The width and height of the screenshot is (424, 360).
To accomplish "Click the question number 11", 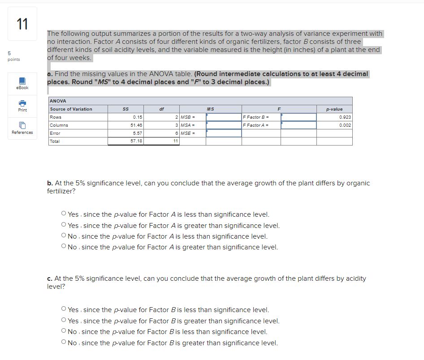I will click(22, 24).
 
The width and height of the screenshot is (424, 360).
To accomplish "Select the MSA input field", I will click(224, 125).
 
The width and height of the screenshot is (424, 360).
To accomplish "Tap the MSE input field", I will click(224, 133).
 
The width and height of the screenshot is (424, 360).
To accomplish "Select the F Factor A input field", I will click(299, 125).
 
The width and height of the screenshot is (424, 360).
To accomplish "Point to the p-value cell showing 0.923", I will click(345, 117).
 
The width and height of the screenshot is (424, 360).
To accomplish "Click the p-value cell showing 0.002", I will click(345, 125).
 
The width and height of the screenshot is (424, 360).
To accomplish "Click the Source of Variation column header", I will click(71, 109).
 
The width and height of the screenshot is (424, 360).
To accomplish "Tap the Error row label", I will click(55, 133).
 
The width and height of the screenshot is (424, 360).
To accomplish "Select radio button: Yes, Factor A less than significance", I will click(64, 214).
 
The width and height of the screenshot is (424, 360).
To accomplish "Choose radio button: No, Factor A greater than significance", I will click(64, 247).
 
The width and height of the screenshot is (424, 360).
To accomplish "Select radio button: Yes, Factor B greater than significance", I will click(64, 321).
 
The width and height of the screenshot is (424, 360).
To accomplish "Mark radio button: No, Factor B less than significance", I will click(64, 332).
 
